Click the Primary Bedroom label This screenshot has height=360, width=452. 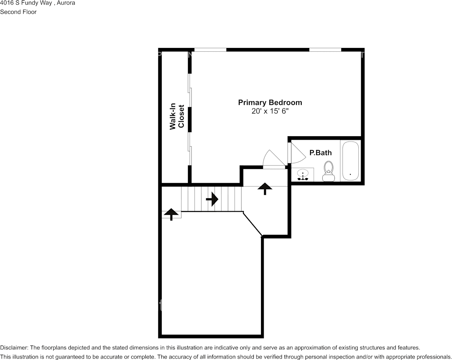coord(270,102)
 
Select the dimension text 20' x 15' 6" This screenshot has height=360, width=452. coord(270,111)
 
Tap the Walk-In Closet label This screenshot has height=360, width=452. coord(177,117)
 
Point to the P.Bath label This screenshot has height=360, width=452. coord(320,153)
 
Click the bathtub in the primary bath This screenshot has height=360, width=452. coord(350,161)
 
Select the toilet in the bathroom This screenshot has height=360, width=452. coord(328,171)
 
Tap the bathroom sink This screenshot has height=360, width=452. coord(303,174)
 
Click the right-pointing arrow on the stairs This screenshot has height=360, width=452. coord(212,199)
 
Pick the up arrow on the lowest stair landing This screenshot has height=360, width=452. coord(171,214)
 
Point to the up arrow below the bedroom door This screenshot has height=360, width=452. coord(264,188)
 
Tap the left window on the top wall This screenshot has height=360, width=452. coord(210,49)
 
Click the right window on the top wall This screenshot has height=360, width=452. coord(325,49)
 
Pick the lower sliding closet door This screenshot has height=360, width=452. coord(190,149)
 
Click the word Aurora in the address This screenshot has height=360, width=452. coord(66,3)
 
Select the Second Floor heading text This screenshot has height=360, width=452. coord(18,12)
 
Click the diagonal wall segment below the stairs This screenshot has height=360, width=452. coord(253,224)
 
